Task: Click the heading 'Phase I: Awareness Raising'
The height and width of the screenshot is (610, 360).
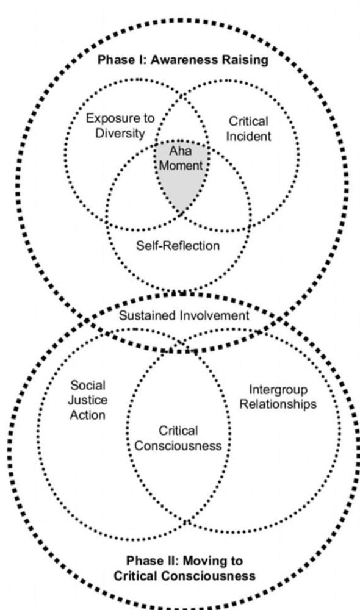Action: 183,60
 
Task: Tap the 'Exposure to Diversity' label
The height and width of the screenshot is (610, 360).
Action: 120,125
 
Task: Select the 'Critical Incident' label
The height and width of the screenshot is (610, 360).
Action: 249,129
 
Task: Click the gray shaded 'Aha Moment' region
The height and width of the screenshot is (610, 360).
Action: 182,175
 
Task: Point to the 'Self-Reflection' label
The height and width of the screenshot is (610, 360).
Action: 178,245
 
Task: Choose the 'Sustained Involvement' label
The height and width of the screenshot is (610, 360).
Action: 184,315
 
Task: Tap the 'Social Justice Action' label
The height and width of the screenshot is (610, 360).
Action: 88,400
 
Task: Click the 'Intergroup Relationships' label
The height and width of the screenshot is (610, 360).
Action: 278,397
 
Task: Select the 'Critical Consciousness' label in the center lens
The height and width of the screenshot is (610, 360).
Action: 178,438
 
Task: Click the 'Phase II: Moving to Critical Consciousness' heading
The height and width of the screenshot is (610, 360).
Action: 184,569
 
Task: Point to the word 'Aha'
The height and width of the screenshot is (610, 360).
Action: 181,151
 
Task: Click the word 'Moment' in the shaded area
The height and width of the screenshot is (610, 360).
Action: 181,165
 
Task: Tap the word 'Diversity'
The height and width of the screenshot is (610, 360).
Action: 120,133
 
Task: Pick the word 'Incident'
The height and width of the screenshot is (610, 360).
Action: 249,136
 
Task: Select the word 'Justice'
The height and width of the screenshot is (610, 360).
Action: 88,400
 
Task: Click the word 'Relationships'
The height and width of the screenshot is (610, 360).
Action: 278,404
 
